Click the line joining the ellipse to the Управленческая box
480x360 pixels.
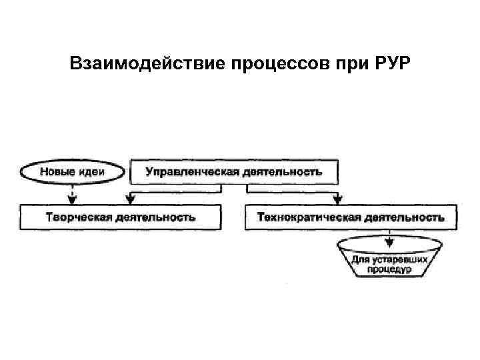tap(127, 171)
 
